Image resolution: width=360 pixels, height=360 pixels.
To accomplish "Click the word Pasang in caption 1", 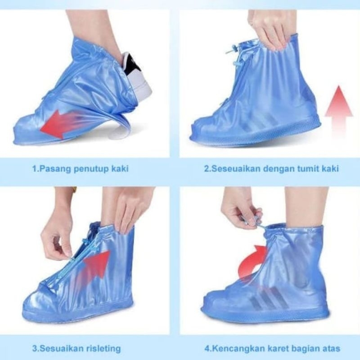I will (52, 169).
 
